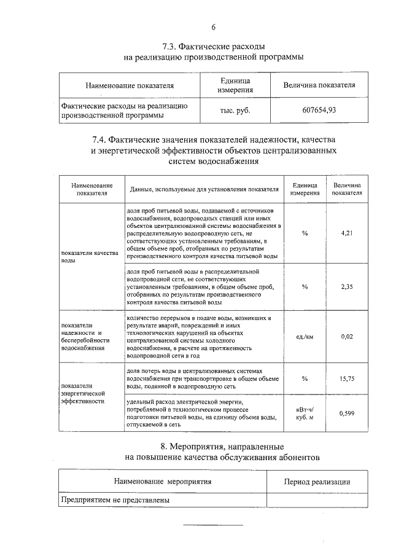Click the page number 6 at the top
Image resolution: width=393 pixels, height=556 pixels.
pyautogui.click(x=213, y=27)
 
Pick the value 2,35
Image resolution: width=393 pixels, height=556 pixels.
pyautogui.click(x=348, y=286)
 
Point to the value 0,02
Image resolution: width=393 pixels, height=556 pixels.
pyautogui.click(x=348, y=336)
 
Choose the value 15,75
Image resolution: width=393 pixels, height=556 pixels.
pyautogui.click(x=348, y=378)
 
